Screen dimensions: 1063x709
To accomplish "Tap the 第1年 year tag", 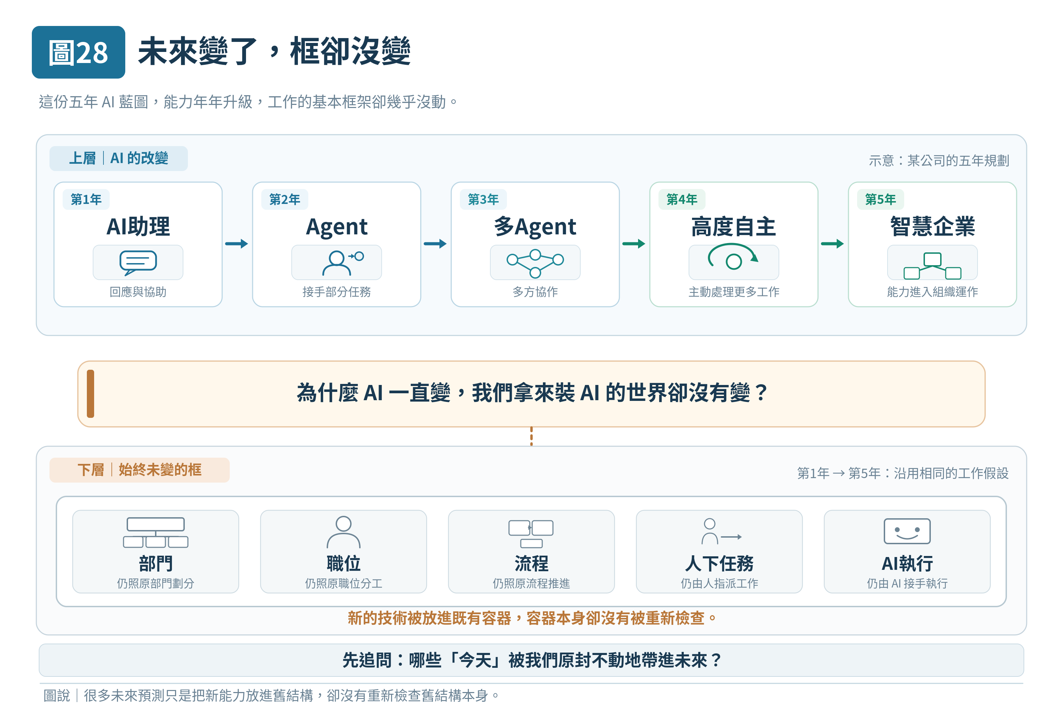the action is point(86,199).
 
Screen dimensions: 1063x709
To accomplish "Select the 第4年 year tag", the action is point(682,199).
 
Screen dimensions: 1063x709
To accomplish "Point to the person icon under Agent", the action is point(337,263).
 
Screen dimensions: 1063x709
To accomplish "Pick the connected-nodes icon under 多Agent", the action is point(535,263).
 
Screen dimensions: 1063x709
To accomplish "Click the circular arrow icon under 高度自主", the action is point(733,257).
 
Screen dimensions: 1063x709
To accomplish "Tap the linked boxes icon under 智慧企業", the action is point(933,266).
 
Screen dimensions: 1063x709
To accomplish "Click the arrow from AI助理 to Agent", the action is point(237,244).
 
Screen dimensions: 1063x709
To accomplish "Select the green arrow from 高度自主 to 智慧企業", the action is point(833,244).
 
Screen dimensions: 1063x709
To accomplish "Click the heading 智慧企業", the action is point(933,226).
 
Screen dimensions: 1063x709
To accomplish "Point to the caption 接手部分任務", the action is point(337,291).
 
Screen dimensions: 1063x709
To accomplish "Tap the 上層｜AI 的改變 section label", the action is point(118,158).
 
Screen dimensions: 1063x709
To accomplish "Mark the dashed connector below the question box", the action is point(531,436).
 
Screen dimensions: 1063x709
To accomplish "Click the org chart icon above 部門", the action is point(155,533).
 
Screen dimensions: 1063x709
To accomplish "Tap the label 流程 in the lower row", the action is point(531,563).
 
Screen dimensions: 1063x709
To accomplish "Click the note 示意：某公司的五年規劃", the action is point(939,161).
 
